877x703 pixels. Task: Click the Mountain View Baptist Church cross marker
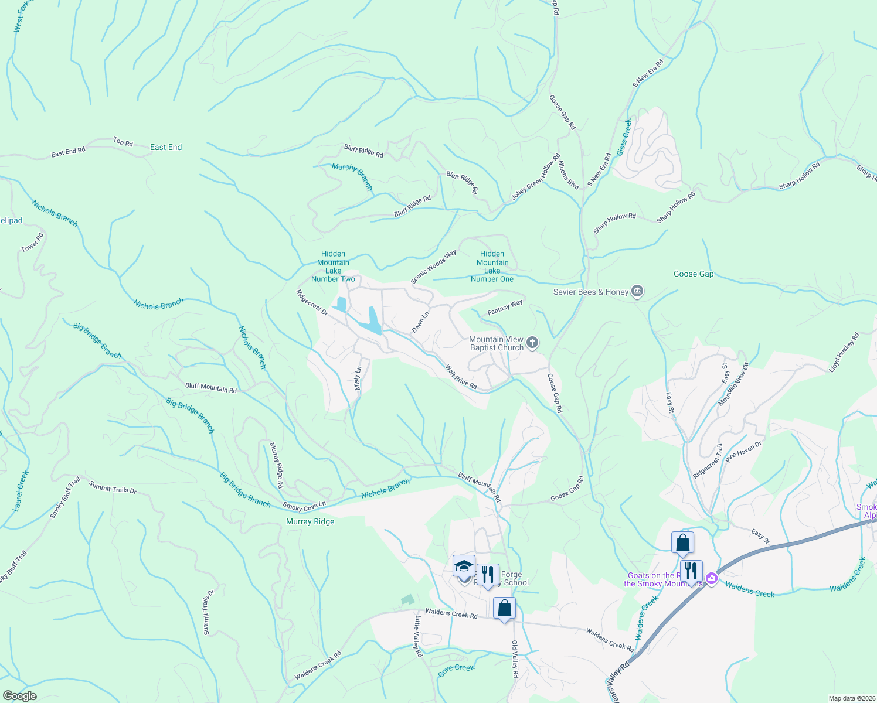tap(532, 343)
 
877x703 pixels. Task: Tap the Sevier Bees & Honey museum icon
tap(637, 292)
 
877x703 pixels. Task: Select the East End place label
tap(166, 147)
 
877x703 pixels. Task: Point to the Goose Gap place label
tap(694, 274)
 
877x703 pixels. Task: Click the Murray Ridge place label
tap(310, 521)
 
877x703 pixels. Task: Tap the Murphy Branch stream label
tap(352, 176)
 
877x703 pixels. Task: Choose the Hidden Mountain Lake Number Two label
tap(333, 267)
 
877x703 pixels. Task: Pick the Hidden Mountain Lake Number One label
tap(492, 267)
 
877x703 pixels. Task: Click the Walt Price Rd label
tap(461, 377)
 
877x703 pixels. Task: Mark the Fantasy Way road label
tap(505, 308)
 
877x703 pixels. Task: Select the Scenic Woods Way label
tap(433, 267)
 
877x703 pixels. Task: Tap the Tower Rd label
tap(32, 243)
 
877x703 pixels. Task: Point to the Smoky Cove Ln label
tap(304, 506)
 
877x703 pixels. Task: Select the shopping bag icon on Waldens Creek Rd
tap(504, 609)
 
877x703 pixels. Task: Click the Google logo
tap(19, 696)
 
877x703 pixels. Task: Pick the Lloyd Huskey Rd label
tap(844, 352)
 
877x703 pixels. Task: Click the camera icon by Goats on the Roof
tap(711, 579)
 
